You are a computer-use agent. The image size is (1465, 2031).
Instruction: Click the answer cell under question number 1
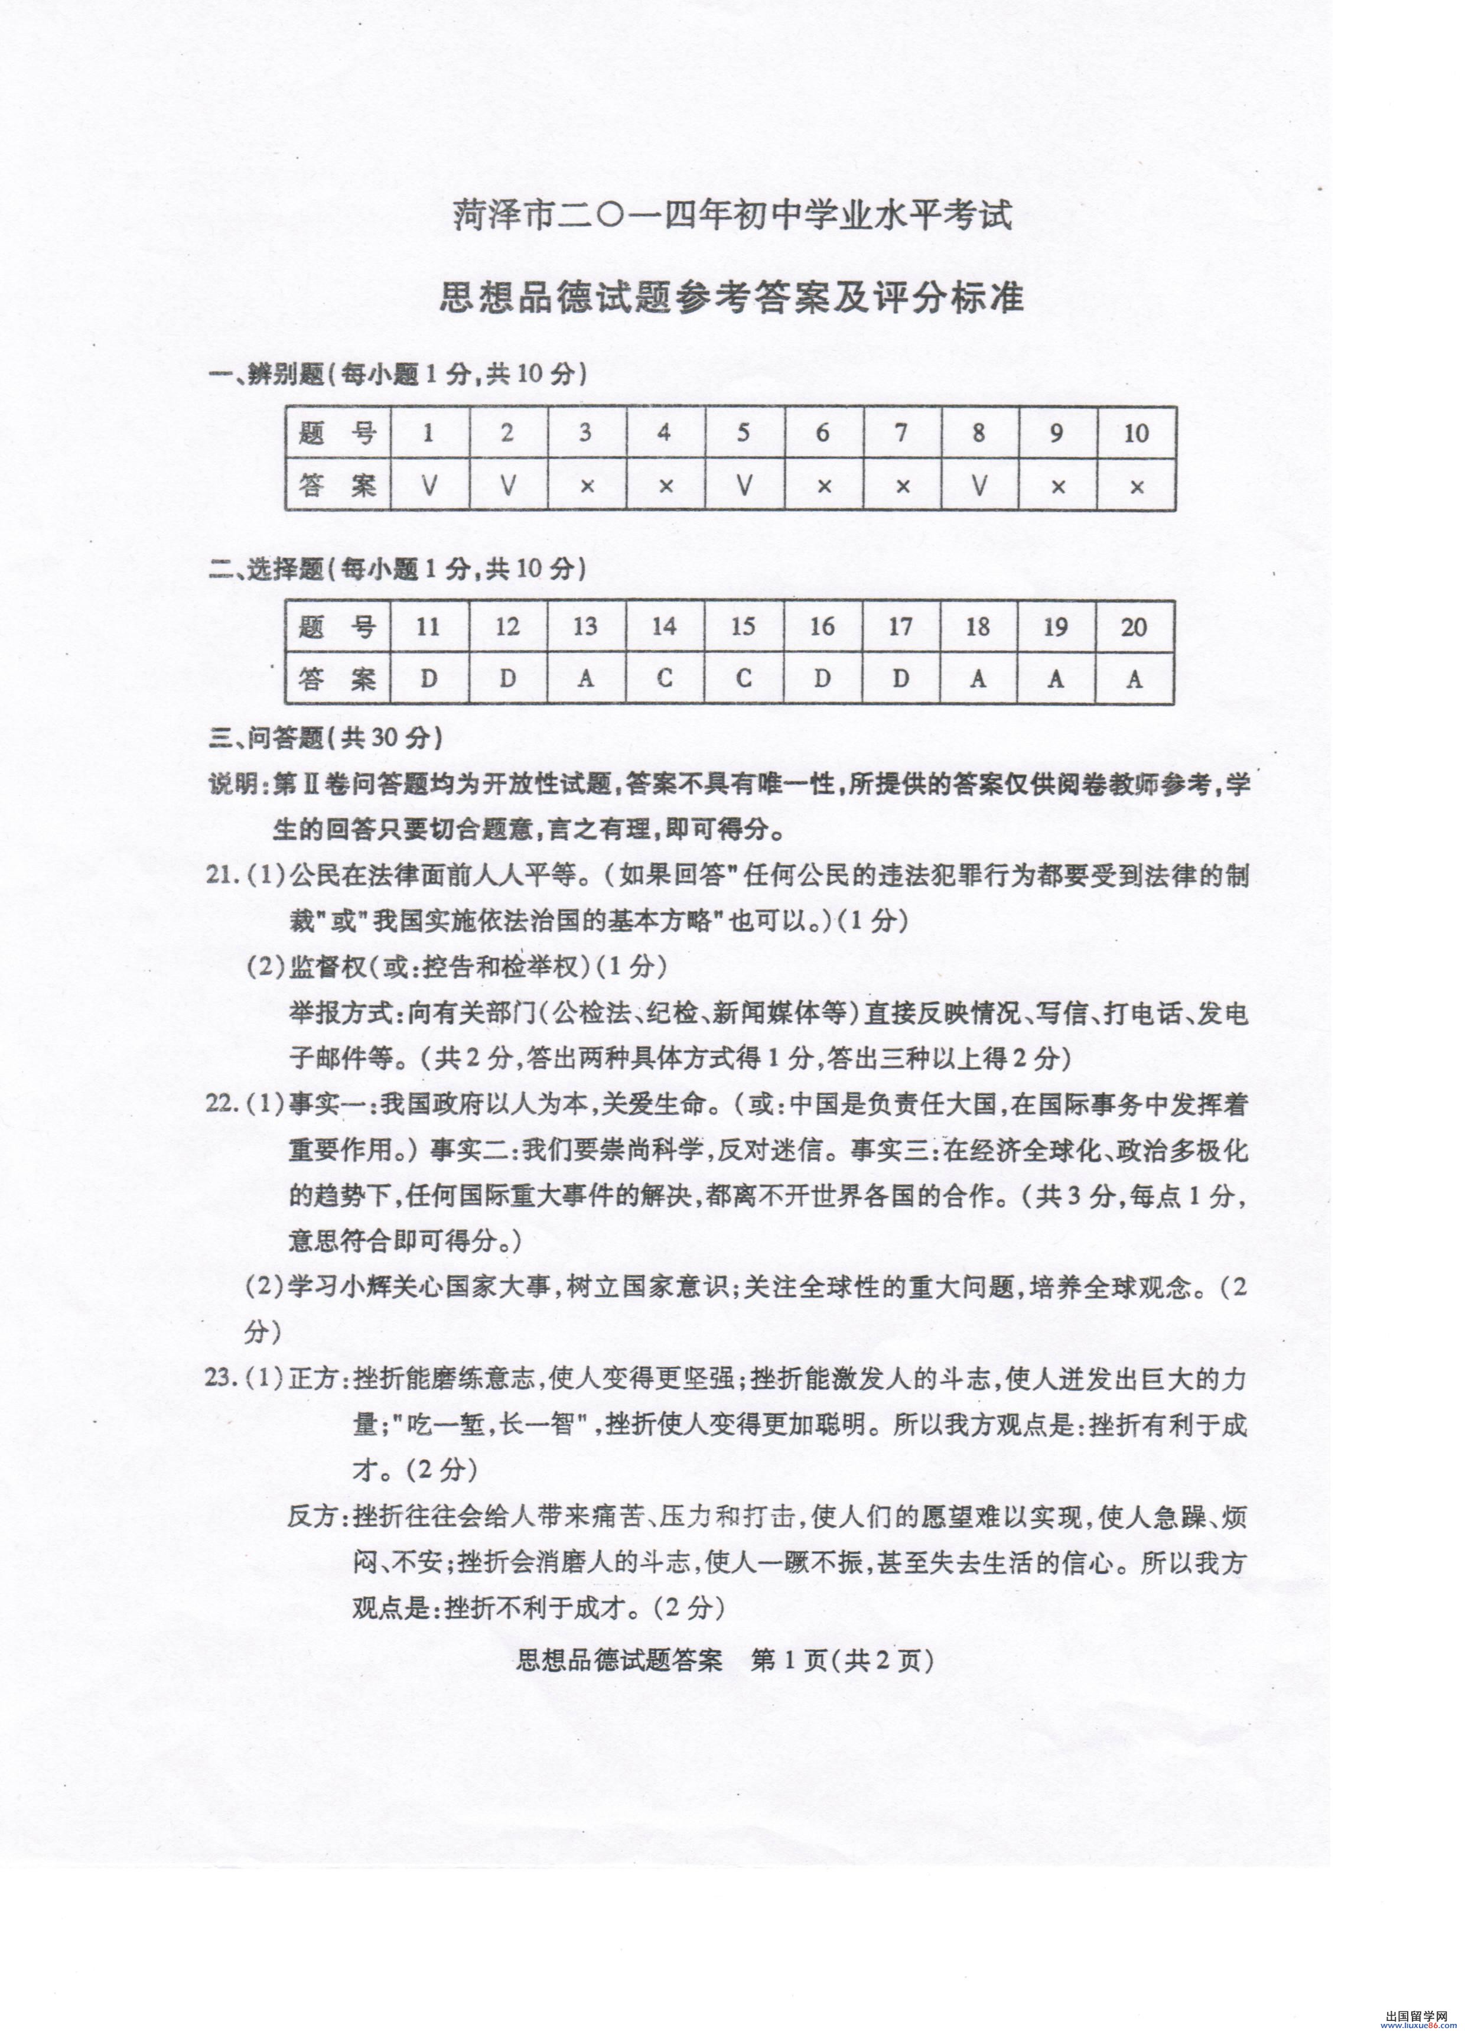429,485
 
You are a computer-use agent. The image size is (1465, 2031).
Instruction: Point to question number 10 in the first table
1135,433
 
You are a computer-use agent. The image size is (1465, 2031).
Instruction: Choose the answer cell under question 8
979,485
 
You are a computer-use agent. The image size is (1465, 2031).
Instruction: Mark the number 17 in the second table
900,627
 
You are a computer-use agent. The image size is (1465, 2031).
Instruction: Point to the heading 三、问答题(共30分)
326,738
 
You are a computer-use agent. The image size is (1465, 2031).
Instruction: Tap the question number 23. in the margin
222,1377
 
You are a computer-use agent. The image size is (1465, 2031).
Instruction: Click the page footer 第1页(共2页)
842,1661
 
